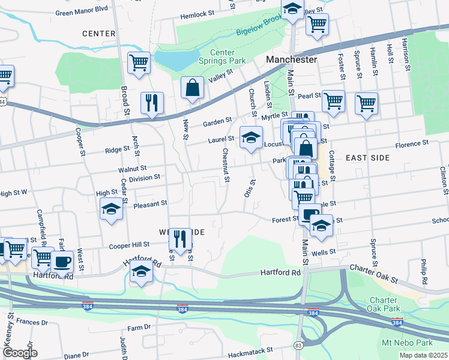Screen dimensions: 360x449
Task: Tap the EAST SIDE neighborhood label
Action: [x=367, y=157]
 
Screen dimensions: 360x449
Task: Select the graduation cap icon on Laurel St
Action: [x=252, y=137]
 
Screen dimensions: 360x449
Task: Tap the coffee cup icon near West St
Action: [x=62, y=261]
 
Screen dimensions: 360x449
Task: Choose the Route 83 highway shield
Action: [x=298, y=346]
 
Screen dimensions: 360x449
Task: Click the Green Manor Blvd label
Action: [x=81, y=11]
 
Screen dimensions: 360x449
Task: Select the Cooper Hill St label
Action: [x=129, y=245]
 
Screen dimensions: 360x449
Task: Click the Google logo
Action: [x=20, y=353]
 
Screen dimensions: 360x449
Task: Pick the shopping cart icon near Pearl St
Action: [x=333, y=101]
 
